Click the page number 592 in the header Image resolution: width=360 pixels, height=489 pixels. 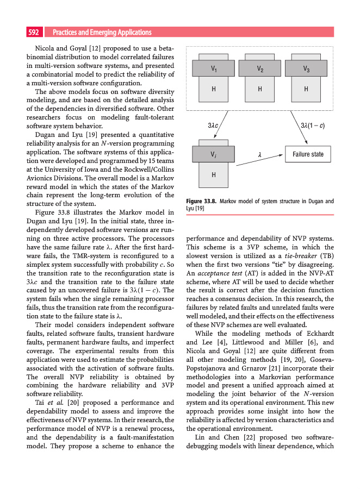click(34, 33)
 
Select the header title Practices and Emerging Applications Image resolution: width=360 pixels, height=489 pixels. click(102, 33)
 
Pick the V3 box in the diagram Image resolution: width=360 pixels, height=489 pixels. click(306, 68)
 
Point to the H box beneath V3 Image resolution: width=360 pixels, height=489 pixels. click(306, 89)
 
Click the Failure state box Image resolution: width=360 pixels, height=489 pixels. click(308, 154)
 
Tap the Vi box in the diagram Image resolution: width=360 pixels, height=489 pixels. click(214, 154)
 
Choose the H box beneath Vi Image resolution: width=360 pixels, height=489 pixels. click(214, 174)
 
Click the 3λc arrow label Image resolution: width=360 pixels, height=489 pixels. click(213, 126)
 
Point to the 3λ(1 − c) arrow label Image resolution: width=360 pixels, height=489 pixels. click(313, 126)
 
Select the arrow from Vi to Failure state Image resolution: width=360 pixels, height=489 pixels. click(259, 154)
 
